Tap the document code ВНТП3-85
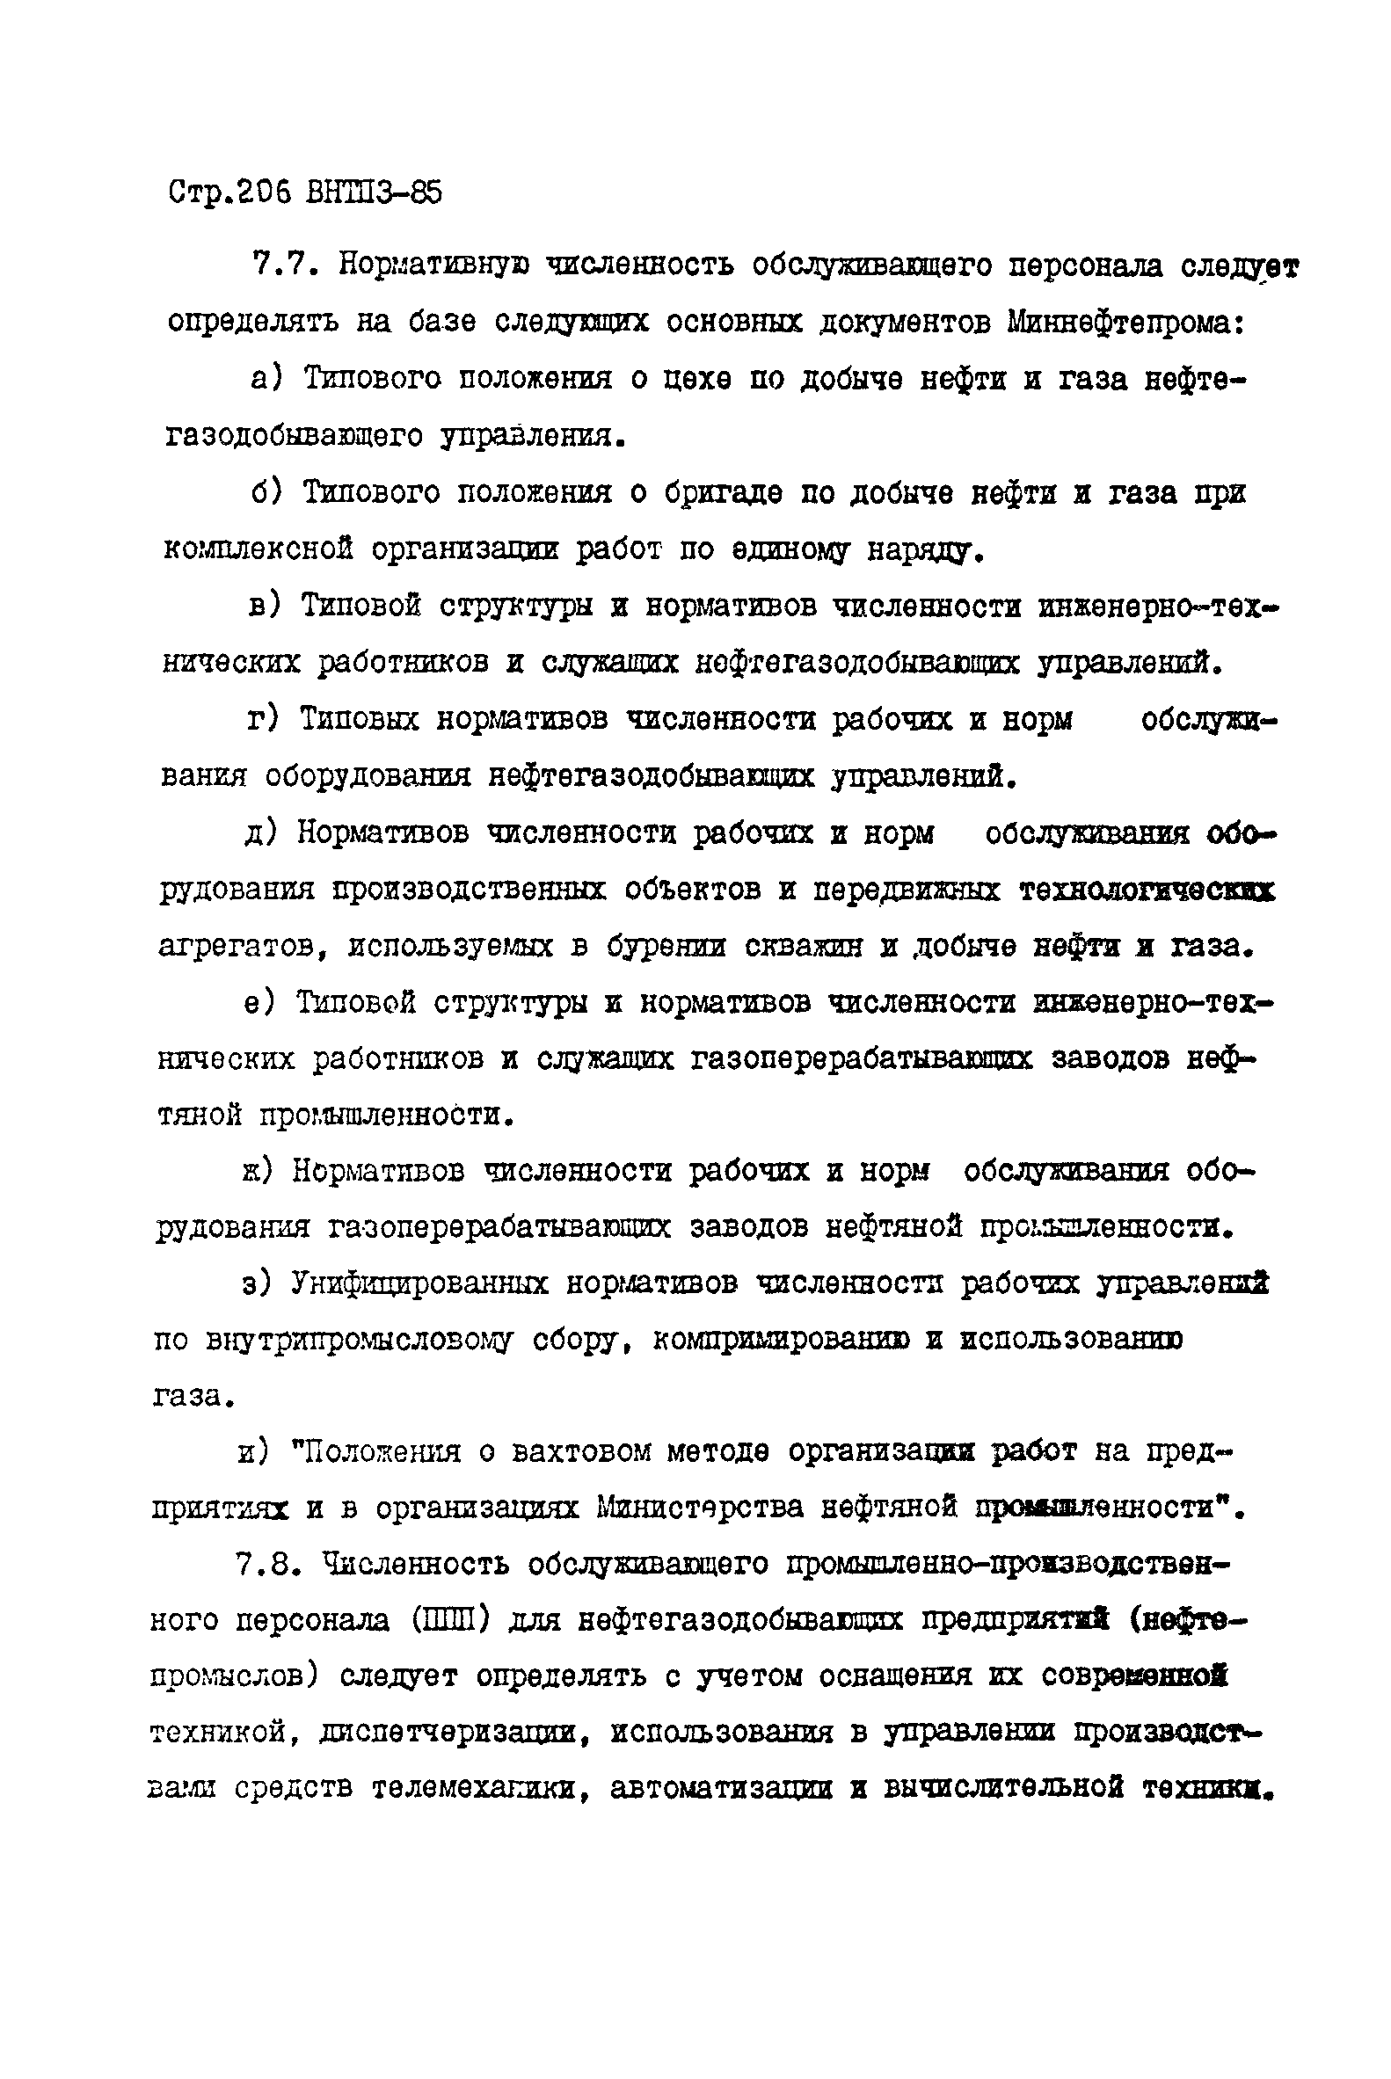click(373, 193)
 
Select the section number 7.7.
click(281, 265)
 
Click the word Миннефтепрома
click(1125, 323)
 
